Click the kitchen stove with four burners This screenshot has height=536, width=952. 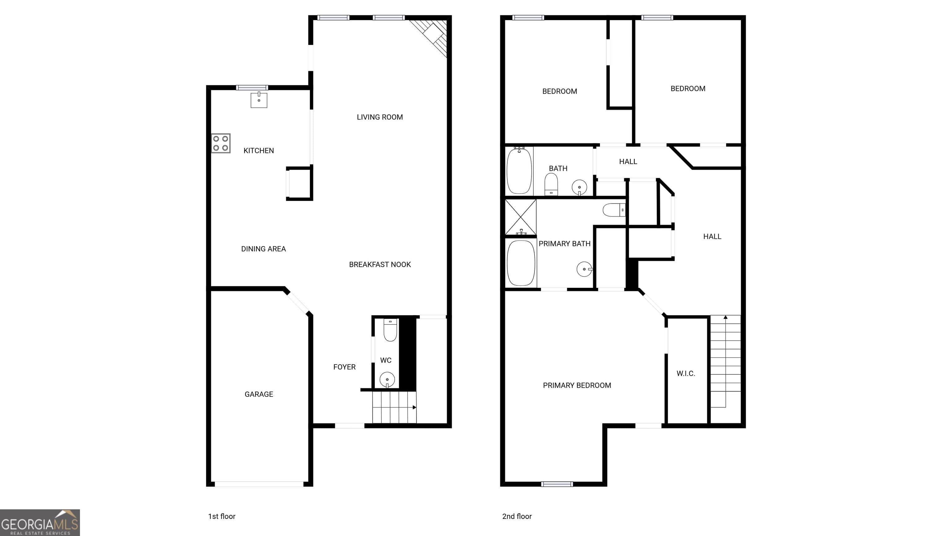click(221, 144)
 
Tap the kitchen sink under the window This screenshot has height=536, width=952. click(259, 100)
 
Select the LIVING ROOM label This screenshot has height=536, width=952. click(380, 117)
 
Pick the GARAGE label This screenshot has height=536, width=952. click(259, 394)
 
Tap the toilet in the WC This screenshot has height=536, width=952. click(390, 330)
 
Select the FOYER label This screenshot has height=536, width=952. click(344, 367)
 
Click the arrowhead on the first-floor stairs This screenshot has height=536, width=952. click(414, 407)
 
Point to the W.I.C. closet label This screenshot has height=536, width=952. click(685, 373)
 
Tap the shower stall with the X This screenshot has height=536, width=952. click(520, 217)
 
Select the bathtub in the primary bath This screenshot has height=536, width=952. click(521, 263)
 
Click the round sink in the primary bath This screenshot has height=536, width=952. click(584, 269)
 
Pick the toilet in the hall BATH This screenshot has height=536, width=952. click(551, 184)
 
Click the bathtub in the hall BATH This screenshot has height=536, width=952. click(519, 171)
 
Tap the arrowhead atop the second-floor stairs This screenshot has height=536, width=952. click(725, 317)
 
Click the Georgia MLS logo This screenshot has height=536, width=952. click(40, 522)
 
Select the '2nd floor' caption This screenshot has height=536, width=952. click(517, 516)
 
